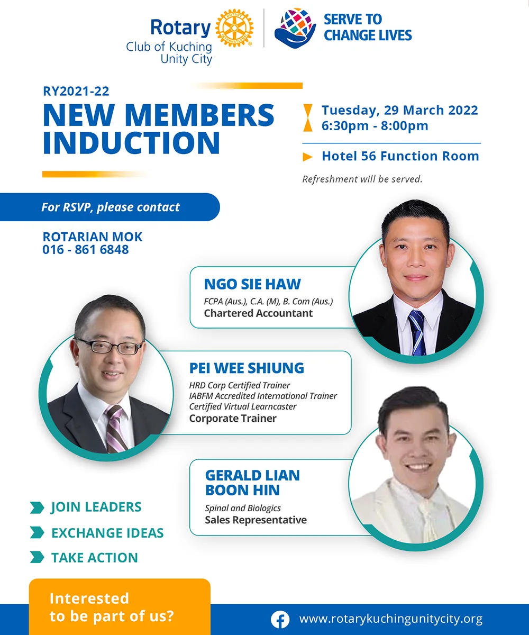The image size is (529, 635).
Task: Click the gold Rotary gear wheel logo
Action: pyautogui.click(x=234, y=28)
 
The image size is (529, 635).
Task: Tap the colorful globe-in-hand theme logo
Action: pyautogui.click(x=295, y=28)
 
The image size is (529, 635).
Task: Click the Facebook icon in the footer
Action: pyautogui.click(x=280, y=620)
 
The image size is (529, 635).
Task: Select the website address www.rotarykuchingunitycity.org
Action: pyautogui.click(x=391, y=619)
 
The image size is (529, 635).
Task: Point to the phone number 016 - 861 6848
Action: pyautogui.click(x=85, y=250)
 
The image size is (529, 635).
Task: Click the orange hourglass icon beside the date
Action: pyautogui.click(x=308, y=118)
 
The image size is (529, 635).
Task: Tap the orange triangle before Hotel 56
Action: pyautogui.click(x=308, y=157)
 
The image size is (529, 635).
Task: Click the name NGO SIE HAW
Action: pyautogui.click(x=252, y=284)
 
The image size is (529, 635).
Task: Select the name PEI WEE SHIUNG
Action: pyautogui.click(x=247, y=368)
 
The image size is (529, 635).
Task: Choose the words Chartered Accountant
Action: pyautogui.click(x=258, y=313)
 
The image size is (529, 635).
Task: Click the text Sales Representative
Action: pyautogui.click(x=256, y=520)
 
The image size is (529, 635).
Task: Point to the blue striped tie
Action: pyautogui.click(x=417, y=333)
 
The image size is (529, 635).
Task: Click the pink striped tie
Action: pyautogui.click(x=116, y=429)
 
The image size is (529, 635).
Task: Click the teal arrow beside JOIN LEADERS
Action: pyautogui.click(x=37, y=507)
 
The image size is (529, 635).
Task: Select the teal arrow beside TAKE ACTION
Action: pyautogui.click(x=37, y=557)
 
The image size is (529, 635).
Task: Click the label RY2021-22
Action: pyautogui.click(x=76, y=91)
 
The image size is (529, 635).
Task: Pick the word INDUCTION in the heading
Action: pyautogui.click(x=131, y=143)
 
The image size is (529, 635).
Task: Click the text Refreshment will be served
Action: pyautogui.click(x=362, y=179)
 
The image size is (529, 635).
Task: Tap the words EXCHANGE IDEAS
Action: pyautogui.click(x=107, y=533)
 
